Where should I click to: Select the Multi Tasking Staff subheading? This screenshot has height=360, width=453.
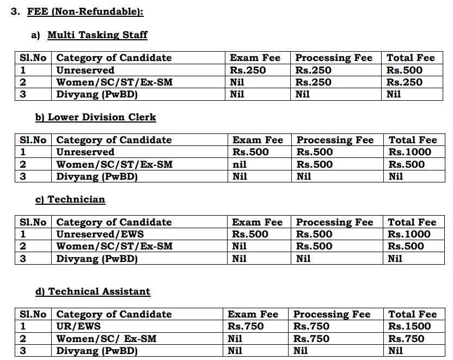[97, 35]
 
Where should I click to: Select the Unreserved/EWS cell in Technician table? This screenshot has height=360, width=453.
[91, 235]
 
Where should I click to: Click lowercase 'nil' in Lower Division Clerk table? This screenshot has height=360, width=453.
[240, 164]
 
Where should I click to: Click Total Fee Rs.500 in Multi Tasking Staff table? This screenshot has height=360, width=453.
[405, 70]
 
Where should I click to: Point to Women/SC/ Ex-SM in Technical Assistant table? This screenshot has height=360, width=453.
[106, 339]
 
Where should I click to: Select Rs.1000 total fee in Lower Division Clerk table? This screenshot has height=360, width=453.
[409, 152]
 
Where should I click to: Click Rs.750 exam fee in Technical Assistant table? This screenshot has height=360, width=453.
[246, 327]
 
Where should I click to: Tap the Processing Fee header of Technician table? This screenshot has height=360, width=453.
[334, 222]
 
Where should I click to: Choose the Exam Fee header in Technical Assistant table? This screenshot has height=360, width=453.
[253, 314]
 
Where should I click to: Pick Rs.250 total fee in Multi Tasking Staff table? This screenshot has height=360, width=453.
[405, 82]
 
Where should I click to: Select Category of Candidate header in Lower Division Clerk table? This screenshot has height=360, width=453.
[114, 140]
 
